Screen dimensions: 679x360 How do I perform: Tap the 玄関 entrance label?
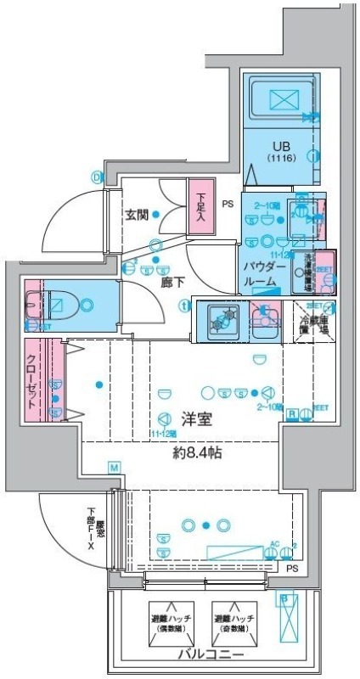tap(138, 215)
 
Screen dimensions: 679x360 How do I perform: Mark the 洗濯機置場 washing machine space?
tap(312, 269)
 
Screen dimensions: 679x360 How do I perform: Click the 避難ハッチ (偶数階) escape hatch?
tap(172, 626)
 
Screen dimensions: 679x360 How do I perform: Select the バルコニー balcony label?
tap(212, 656)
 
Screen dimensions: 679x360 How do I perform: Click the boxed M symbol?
tap(114, 468)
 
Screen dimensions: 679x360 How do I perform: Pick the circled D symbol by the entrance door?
tap(97, 177)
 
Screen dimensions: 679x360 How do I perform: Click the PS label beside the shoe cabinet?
tap(228, 204)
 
